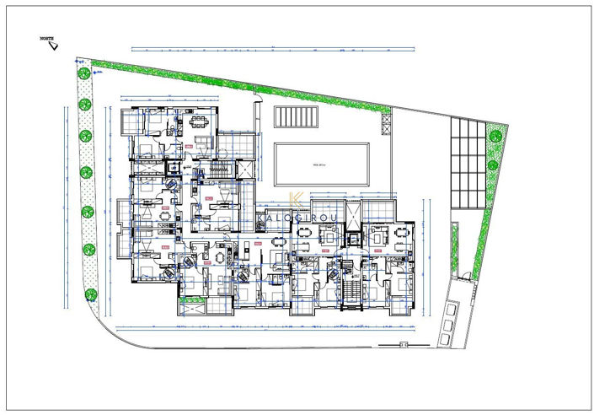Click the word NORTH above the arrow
[x=47, y=39]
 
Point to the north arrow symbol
[x=54, y=47]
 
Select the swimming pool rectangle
[x=321, y=164]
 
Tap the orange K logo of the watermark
[x=295, y=201]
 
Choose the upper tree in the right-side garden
[x=496, y=132]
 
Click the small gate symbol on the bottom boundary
[x=404, y=343]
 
